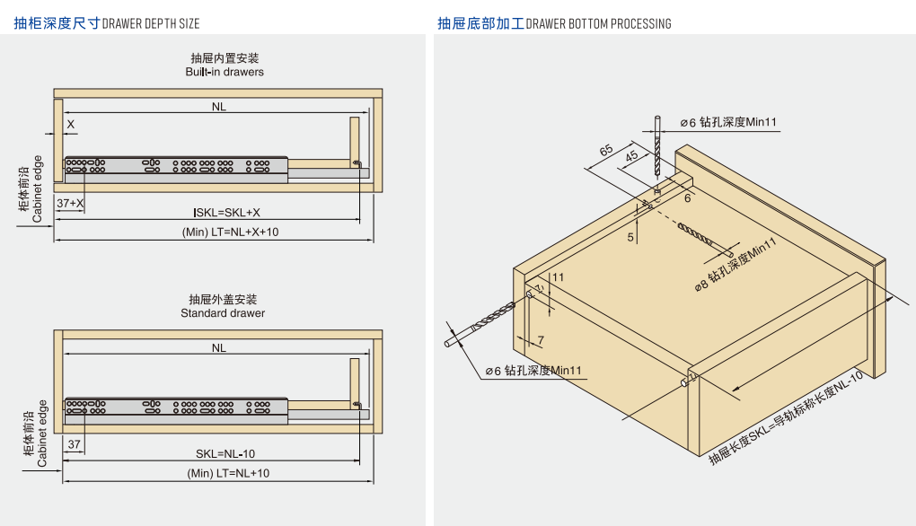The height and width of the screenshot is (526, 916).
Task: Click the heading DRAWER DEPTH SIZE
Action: click(x=151, y=23)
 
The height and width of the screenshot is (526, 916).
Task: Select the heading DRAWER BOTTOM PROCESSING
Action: click(x=598, y=23)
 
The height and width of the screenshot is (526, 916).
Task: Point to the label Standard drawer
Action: click(x=223, y=313)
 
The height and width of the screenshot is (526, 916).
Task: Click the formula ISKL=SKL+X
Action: click(x=226, y=213)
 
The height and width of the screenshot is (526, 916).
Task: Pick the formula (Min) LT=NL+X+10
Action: click(x=225, y=232)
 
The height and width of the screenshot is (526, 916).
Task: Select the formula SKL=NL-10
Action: click(x=225, y=454)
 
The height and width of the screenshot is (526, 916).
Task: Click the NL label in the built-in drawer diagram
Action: click(x=219, y=107)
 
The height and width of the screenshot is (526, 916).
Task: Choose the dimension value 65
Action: click(x=607, y=150)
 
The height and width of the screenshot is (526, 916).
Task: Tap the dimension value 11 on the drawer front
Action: click(x=558, y=278)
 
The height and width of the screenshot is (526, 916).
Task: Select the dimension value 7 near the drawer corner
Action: click(x=541, y=339)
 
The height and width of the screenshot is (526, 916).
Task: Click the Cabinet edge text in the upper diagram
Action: click(x=38, y=188)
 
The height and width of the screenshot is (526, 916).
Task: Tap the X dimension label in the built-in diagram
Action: click(x=70, y=124)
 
